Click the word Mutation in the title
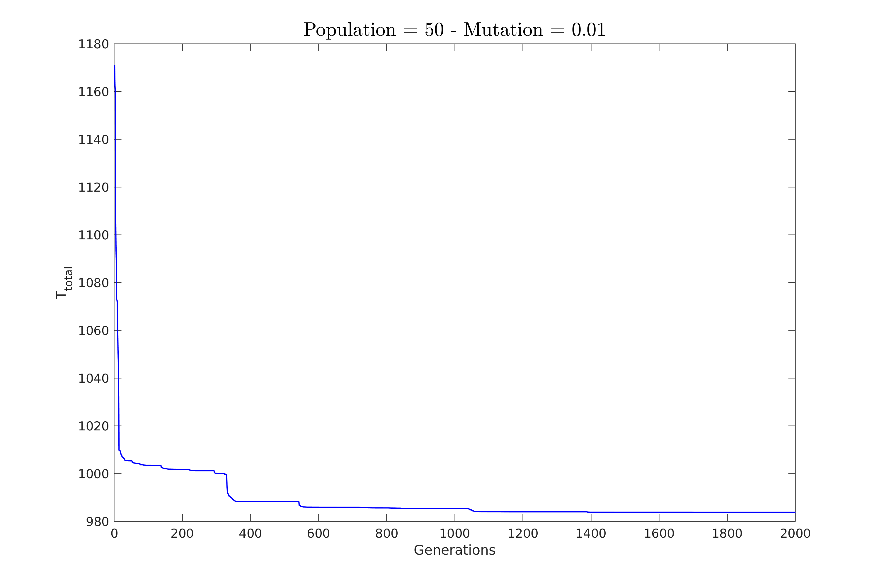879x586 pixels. (503, 30)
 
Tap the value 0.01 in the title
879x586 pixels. (588, 30)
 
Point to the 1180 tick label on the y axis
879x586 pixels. (93, 45)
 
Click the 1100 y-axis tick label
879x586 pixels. (93, 236)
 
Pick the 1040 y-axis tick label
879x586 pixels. (93, 379)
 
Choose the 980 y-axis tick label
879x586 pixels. (98, 522)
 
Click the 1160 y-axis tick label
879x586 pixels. (93, 92)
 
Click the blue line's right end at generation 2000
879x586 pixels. (795, 512)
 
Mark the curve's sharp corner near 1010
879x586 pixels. (119, 450)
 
